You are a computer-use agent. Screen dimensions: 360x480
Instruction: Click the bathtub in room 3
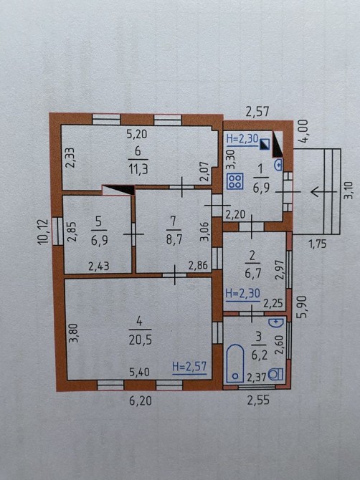point(235,363)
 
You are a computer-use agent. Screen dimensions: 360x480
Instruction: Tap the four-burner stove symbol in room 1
point(235,181)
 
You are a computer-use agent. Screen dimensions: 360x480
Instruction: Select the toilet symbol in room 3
point(276,374)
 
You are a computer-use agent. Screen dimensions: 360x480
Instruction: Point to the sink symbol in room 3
point(276,322)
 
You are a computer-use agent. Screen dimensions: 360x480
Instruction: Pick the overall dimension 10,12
point(43,231)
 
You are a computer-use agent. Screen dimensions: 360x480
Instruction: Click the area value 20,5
point(140,340)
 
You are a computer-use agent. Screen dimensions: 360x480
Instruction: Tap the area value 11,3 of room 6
point(138,169)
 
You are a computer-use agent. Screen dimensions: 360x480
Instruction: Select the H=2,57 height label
point(189,366)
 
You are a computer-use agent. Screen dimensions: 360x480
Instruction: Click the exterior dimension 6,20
point(141,400)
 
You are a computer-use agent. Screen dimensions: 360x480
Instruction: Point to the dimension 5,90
point(302,307)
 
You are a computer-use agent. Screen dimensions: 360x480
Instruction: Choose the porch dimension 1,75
point(318,244)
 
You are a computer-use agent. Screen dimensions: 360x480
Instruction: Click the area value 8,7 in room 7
point(174,239)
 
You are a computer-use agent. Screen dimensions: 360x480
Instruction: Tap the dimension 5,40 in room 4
point(139,372)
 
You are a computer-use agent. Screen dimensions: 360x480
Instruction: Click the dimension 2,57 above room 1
point(257,112)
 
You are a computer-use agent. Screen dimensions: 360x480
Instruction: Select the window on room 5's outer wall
point(55,231)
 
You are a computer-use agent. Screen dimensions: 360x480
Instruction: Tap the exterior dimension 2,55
point(258,400)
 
